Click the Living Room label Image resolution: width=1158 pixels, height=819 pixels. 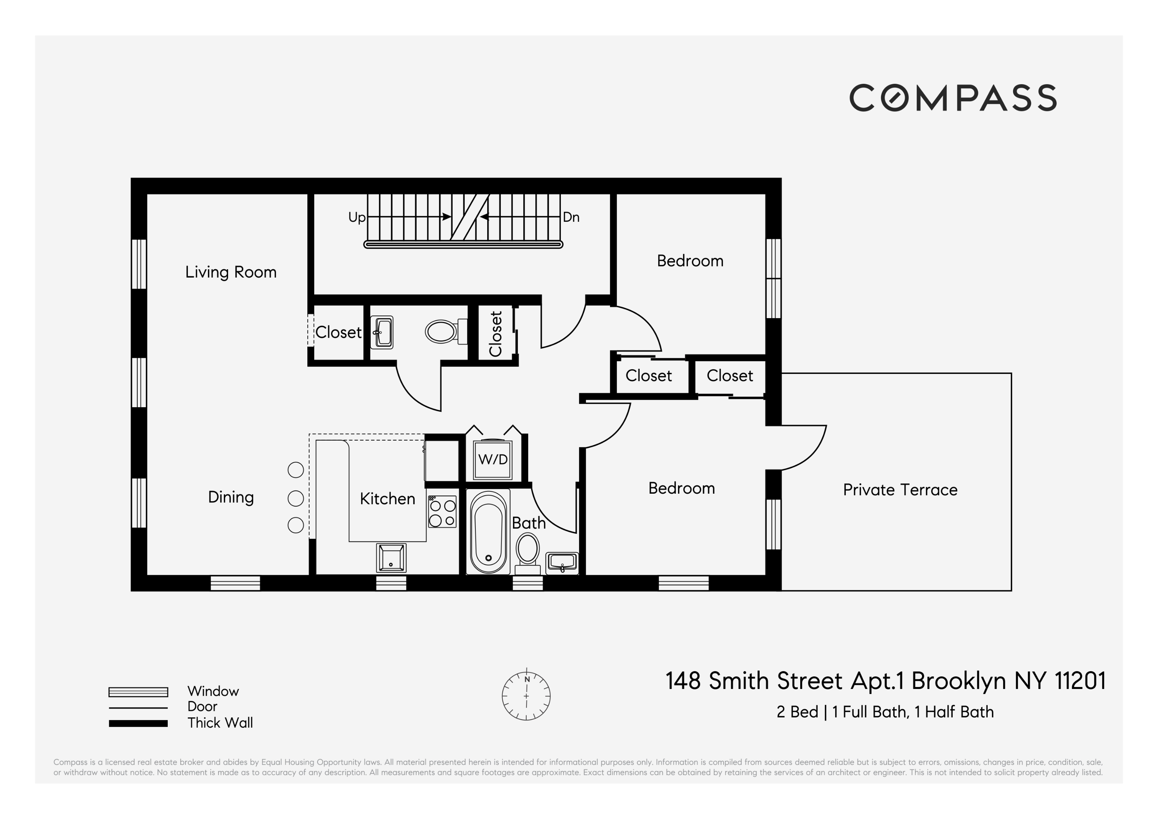pyautogui.click(x=231, y=272)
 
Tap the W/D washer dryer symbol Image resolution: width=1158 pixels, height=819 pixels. pyautogui.click(x=492, y=460)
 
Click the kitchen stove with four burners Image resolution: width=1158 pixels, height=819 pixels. pyautogui.click(x=442, y=512)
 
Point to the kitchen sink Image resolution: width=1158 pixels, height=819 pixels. pyautogui.click(x=391, y=558)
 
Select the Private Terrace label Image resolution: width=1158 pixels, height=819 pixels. pyautogui.click(x=900, y=490)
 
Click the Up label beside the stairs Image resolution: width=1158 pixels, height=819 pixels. pyautogui.click(x=357, y=217)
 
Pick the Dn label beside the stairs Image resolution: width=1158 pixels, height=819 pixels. pyautogui.click(x=571, y=217)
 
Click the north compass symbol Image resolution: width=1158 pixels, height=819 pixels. pyautogui.click(x=526, y=696)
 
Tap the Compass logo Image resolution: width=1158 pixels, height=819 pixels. pyautogui.click(x=953, y=98)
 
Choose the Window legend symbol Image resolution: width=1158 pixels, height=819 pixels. pyautogui.click(x=138, y=692)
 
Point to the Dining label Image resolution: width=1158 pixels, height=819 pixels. pyautogui.click(x=231, y=497)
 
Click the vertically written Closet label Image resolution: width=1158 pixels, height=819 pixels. pyautogui.click(x=496, y=333)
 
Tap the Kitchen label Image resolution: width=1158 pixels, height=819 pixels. pyautogui.click(x=387, y=499)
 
